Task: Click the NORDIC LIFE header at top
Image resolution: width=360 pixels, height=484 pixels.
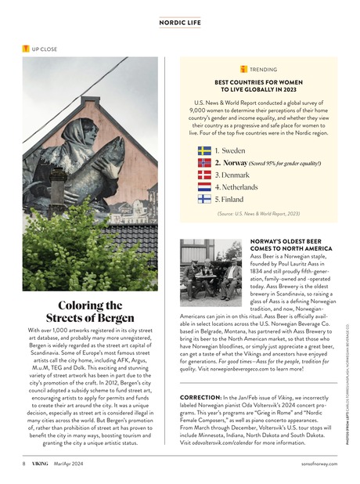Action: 180,23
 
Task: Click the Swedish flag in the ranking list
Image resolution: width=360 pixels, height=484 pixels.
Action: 204,149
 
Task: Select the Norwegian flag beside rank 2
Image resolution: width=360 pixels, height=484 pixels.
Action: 204,162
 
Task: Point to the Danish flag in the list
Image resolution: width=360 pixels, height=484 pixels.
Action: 204,175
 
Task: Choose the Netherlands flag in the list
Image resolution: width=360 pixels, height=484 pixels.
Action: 204,187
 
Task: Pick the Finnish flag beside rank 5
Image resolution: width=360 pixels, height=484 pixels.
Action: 204,200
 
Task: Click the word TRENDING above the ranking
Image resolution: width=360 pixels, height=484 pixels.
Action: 262,69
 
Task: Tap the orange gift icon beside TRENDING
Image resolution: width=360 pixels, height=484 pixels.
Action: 243,69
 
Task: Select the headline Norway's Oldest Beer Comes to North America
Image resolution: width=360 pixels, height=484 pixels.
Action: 290,244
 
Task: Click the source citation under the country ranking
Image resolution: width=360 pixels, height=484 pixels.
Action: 257,213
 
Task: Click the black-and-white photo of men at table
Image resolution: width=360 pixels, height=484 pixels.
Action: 211,270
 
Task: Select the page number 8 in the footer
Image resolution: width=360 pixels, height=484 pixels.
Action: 23,464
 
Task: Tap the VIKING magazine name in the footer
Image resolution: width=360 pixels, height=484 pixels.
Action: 40,464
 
